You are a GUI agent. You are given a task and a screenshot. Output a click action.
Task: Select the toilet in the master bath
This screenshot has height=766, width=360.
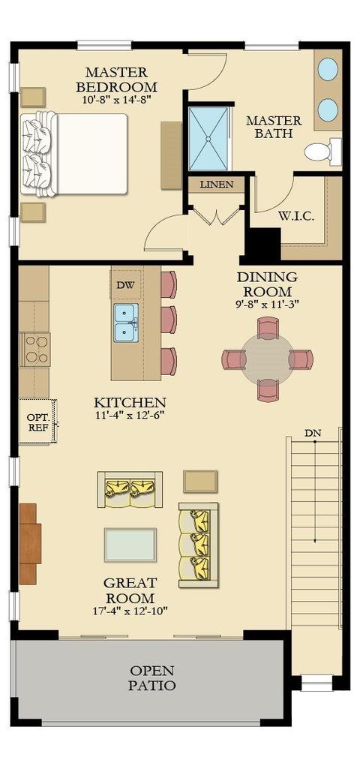[x=323, y=151]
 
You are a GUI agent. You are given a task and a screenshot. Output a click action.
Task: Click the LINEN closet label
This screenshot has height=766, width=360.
[x=217, y=185]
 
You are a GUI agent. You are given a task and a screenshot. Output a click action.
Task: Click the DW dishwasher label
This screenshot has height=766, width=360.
[x=122, y=285]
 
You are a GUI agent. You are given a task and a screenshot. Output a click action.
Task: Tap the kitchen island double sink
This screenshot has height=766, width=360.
[x=126, y=323]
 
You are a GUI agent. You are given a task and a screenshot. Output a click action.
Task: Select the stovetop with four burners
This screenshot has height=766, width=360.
[x=34, y=350]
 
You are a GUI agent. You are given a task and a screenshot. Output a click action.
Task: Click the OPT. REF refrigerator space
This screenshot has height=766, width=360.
[x=37, y=422]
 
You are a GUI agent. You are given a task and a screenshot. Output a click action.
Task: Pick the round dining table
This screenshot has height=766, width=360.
[x=268, y=359]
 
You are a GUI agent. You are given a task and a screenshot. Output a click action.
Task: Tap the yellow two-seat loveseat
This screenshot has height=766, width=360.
[x=130, y=489]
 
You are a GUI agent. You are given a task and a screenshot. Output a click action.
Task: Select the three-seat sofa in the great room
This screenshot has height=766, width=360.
[x=198, y=545]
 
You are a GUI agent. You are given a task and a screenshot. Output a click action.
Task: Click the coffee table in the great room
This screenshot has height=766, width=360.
[x=130, y=545]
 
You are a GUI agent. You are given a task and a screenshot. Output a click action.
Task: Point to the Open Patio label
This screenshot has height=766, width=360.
[x=152, y=678]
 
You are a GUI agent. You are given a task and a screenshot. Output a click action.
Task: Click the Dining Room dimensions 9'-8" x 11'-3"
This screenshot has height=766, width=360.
[x=267, y=304]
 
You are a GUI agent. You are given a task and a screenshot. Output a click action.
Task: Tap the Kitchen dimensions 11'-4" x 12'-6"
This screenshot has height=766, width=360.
[x=130, y=416]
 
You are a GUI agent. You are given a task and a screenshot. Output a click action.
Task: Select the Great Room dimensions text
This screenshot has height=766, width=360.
[x=130, y=611]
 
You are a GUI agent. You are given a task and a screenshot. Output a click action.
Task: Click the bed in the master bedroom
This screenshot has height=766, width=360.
[x=74, y=154]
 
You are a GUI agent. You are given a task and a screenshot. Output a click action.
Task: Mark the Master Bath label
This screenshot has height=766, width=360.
[x=274, y=127]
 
